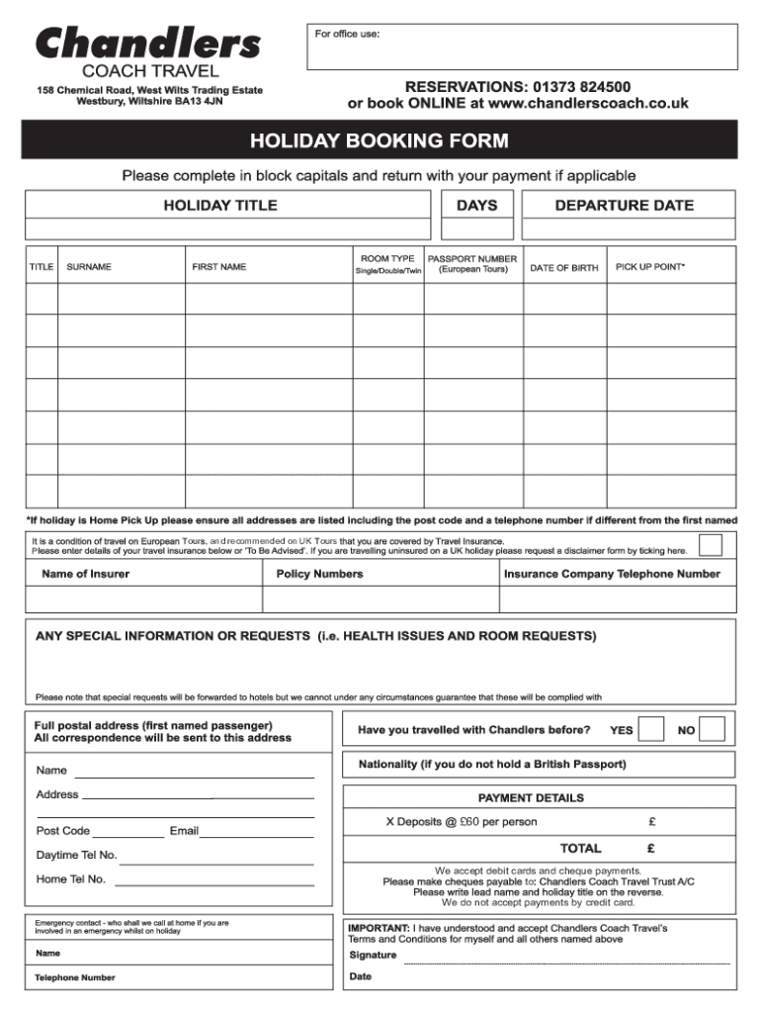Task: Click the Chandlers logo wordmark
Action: pyautogui.click(x=149, y=43)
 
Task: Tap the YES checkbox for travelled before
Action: pyautogui.click(x=651, y=729)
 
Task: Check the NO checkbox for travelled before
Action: pyautogui.click(x=713, y=729)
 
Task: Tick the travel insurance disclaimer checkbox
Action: pyautogui.click(x=710, y=545)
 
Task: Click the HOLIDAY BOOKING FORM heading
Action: pyautogui.click(x=380, y=140)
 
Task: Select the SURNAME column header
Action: pyautogui.click(x=89, y=267)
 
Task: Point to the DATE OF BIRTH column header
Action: pyautogui.click(x=563, y=268)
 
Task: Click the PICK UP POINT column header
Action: pyautogui.click(x=649, y=267)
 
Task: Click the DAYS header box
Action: pyautogui.click(x=476, y=206)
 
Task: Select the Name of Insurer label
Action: pyautogui.click(x=85, y=574)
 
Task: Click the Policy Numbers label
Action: pyautogui.click(x=319, y=574)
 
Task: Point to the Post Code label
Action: pyautogui.click(x=63, y=831)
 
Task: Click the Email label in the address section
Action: pyautogui.click(x=184, y=831)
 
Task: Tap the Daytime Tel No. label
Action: pyautogui.click(x=76, y=855)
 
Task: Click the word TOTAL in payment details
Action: pyautogui.click(x=580, y=848)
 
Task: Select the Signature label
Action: pyautogui.click(x=373, y=955)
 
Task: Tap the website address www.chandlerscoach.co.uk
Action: pyautogui.click(x=588, y=103)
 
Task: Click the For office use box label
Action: pyautogui.click(x=347, y=35)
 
